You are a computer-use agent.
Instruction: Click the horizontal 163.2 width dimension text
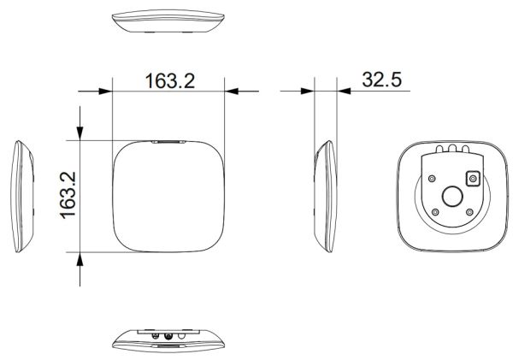[x=169, y=80]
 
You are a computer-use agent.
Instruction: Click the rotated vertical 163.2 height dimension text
[x=68, y=196]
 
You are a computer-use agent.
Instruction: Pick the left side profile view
[x=23, y=195]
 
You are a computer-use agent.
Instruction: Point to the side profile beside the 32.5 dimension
[x=325, y=195]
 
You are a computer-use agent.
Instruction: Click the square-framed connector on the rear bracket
[x=470, y=179]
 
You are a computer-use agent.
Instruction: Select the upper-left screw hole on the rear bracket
[x=433, y=178]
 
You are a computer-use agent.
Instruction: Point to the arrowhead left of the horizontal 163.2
[x=103, y=89]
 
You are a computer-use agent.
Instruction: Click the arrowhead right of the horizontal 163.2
[x=235, y=89]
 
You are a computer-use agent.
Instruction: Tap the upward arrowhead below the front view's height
[x=80, y=261]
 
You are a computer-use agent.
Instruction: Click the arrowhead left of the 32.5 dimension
[x=305, y=89]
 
